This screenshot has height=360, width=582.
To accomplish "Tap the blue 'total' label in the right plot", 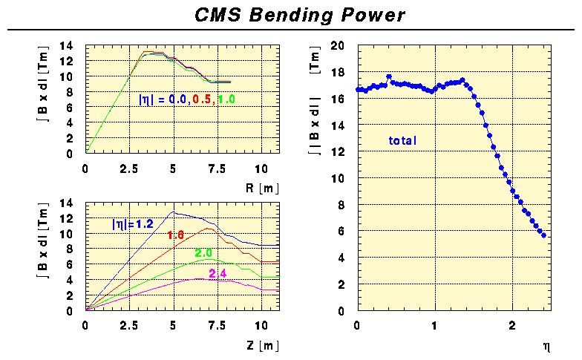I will pyautogui.click(x=403, y=140).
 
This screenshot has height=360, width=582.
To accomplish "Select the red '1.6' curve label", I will pyautogui.click(x=176, y=235).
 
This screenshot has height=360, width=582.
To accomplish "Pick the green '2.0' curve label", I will pyautogui.click(x=203, y=253).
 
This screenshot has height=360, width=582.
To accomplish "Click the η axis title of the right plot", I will pyautogui.click(x=546, y=345).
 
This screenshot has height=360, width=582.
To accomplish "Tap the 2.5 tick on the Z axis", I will pyautogui.click(x=129, y=325).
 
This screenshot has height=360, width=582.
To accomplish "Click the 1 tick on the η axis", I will pyautogui.click(x=435, y=325).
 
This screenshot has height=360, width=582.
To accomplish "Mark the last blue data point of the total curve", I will pyautogui.click(x=544, y=235).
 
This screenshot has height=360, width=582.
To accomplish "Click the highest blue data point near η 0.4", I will pyautogui.click(x=389, y=76).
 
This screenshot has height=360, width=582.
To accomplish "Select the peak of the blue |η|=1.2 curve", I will pyautogui.click(x=173, y=212).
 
